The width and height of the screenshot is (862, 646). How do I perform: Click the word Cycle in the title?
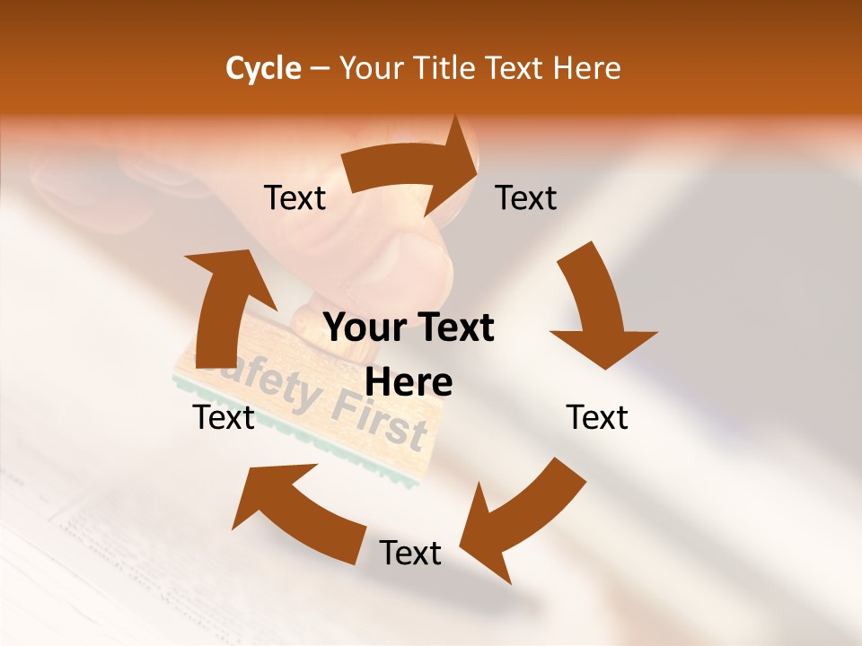(263, 68)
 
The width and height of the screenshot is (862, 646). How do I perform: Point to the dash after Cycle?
(320, 68)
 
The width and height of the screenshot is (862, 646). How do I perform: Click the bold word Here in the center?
(409, 383)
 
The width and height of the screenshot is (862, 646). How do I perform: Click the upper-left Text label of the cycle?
(295, 198)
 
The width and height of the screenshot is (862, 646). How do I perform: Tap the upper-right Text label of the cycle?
(526, 198)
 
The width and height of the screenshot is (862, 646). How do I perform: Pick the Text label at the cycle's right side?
(597, 418)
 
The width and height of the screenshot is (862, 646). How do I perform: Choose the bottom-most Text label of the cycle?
(410, 554)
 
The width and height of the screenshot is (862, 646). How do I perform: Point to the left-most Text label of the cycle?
(224, 418)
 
